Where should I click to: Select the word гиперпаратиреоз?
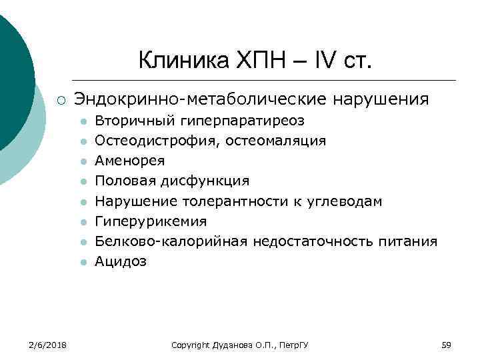pos(239,121)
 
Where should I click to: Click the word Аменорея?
pos(129,161)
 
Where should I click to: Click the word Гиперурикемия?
pos(151,221)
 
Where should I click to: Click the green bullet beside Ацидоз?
pos(83,262)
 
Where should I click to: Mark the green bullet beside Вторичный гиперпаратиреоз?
pos(83,121)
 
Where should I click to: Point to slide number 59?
pos(447,345)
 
